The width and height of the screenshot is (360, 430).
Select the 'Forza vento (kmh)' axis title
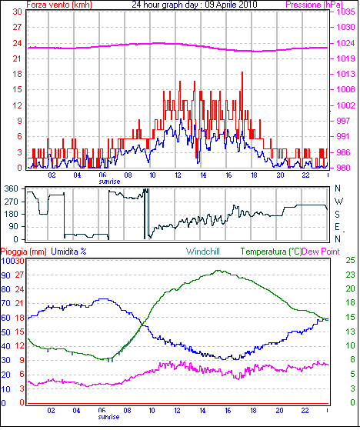click(x=59, y=5)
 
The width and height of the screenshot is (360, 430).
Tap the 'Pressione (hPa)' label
click(x=314, y=5)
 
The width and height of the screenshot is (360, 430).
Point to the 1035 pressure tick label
click(x=345, y=12)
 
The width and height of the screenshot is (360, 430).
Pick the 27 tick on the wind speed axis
click(x=17, y=27)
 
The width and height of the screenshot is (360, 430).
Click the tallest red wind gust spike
click(x=242, y=72)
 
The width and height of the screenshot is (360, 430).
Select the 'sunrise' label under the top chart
click(x=109, y=182)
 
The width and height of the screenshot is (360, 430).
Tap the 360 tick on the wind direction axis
click(x=12, y=188)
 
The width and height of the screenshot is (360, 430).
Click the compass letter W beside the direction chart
click(x=339, y=202)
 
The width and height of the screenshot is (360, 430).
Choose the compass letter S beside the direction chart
click(x=338, y=214)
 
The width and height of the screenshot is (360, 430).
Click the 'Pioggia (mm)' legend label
click(x=24, y=252)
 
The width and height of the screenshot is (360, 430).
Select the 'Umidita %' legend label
click(x=68, y=252)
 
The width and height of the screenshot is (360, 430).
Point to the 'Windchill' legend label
click(x=203, y=252)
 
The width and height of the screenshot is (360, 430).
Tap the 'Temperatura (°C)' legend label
click(x=271, y=252)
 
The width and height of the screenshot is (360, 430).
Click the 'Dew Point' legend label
click(x=321, y=252)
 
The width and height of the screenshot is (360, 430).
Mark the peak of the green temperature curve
click(x=218, y=271)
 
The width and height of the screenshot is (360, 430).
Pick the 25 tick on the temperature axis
click(x=350, y=260)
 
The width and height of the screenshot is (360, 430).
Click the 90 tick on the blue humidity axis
click(x=5, y=275)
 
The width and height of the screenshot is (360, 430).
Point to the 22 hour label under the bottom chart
click(x=305, y=411)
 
